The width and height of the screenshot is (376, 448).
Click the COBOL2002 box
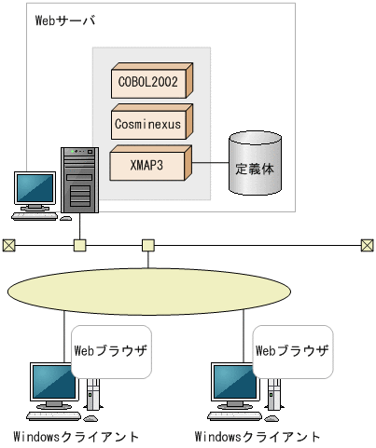click(x=150, y=81)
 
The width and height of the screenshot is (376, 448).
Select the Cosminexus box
click(x=150, y=122)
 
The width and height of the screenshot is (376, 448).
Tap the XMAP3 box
click(x=150, y=164)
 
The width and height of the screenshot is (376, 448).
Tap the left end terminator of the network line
click(x=8, y=246)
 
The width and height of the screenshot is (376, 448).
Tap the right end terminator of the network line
click(x=367, y=246)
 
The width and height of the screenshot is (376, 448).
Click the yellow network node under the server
click(x=80, y=246)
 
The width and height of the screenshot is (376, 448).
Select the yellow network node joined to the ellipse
click(x=147, y=246)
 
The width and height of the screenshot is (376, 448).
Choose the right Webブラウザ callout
click(x=292, y=351)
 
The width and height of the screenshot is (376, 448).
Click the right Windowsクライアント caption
click(x=258, y=436)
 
